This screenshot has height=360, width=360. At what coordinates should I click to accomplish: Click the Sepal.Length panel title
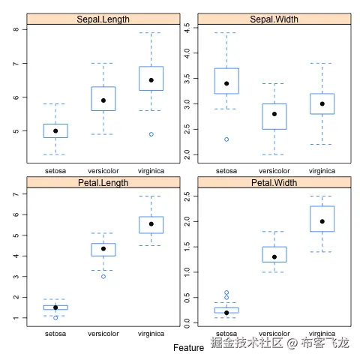point(103,18)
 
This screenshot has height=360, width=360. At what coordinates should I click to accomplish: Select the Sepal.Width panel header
point(274,18)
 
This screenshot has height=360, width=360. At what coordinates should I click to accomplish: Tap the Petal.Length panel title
point(103,182)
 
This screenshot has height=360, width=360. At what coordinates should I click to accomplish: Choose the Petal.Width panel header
point(274,182)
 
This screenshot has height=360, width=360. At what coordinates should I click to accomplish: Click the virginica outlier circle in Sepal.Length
point(151,134)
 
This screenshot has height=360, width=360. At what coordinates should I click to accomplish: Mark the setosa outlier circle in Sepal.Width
point(226,139)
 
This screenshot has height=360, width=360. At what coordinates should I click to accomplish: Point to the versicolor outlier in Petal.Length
point(103,277)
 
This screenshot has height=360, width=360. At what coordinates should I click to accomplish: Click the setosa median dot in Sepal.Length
point(55,131)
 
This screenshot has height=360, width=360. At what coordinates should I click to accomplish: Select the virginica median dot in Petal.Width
point(322,221)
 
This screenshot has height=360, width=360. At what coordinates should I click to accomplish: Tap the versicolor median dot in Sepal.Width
point(274,114)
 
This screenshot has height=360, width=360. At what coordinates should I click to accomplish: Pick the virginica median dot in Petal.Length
point(151,223)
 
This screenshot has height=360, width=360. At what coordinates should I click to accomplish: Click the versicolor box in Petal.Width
point(274,254)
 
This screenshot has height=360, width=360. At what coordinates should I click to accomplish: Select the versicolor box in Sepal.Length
point(103,98)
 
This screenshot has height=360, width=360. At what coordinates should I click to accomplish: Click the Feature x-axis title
point(188,348)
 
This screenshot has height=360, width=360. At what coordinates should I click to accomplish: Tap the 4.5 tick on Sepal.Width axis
point(187,28)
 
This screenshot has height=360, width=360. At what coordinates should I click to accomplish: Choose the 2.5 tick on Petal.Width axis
point(187,196)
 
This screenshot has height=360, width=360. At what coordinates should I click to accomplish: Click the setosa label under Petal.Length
point(55,334)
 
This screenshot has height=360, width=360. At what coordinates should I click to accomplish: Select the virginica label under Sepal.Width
point(322,171)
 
